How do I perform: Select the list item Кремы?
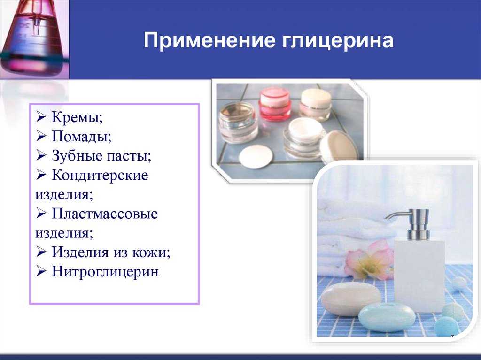click(77, 117)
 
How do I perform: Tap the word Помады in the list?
click(81, 136)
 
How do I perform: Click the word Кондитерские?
click(100, 175)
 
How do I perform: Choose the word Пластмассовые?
click(105, 214)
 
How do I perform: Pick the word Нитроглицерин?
click(105, 272)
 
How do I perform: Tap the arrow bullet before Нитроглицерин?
click(41, 271)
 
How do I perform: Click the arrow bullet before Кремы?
click(41, 116)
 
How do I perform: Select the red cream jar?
click(274, 103)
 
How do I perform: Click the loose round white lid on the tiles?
click(256, 156)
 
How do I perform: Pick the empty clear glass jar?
click(238, 123)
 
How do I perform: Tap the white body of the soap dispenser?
click(419, 276)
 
